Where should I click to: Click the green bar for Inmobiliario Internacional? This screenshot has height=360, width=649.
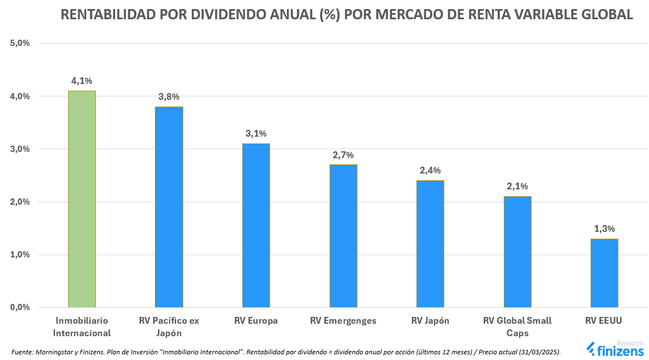tap(82, 198)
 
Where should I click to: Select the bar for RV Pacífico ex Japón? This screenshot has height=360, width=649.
tap(169, 207)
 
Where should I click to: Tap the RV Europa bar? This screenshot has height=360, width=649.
tap(256, 225)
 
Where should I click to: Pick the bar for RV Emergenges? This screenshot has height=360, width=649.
tap(343, 236)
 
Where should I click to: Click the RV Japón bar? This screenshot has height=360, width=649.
tap(430, 244)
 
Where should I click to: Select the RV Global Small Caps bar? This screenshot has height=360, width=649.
tap(517, 252)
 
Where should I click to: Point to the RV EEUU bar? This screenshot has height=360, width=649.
tap(604, 273)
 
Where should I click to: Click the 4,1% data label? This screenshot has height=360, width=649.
tap(82, 81)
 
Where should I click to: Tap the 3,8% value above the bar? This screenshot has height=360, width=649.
tap(169, 97)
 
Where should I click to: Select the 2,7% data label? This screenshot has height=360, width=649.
tap(343, 155)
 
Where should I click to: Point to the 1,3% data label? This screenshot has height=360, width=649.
tap(604, 229)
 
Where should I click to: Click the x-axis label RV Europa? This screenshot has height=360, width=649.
tap(256, 321)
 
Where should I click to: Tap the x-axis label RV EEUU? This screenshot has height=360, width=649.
tap(604, 321)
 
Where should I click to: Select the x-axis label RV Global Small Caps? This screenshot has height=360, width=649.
tap(517, 327)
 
